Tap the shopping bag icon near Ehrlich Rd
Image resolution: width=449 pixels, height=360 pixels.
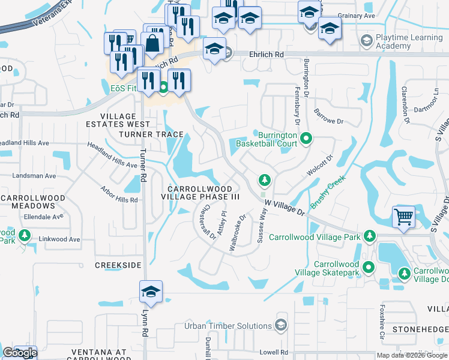[153, 43]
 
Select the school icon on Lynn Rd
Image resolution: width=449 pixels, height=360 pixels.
[151, 292]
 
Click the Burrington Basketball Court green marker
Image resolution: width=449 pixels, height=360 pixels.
[306, 139]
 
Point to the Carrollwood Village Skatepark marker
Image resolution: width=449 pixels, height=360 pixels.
[369, 268]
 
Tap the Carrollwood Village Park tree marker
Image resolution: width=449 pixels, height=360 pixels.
[370, 236]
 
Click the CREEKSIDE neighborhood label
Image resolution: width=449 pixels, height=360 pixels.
[118, 265]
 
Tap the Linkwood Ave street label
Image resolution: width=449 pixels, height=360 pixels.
[59, 239]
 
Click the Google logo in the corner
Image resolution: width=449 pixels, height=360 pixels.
[19, 353]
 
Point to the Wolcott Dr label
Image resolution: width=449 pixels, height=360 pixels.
[320, 167]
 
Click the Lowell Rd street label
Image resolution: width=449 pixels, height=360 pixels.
[274, 352]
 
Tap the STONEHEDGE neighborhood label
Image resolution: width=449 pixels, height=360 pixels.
[421, 329]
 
